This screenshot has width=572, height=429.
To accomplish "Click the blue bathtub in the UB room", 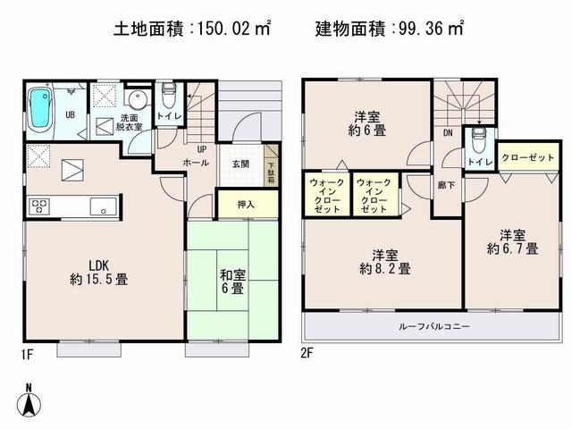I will (39, 109).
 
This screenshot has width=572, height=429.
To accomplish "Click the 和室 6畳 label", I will (231, 280).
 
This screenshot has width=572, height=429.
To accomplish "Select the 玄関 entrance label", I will (241, 164).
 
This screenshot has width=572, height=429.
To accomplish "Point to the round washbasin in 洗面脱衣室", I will (137, 99).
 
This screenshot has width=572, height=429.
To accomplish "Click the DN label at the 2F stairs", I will (447, 135).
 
